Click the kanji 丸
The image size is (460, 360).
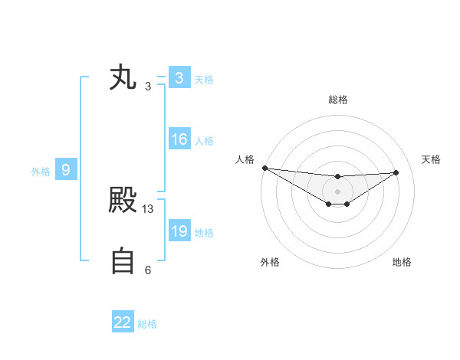point(123,79)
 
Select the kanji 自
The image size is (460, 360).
point(123,261)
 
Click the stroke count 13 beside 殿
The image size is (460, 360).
point(148,208)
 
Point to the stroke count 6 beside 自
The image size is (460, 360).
point(148,270)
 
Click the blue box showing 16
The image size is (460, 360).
point(179,139)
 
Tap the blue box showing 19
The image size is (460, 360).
point(179,231)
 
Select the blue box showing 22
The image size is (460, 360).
point(123,322)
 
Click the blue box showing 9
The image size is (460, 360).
point(66,170)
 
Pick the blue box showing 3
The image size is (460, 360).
point(179,78)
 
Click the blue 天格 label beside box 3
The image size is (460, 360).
point(204,80)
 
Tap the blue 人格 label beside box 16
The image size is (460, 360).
point(204,141)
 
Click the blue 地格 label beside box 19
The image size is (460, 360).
point(204,233)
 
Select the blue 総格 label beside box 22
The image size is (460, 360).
point(147,324)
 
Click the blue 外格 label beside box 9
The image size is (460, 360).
point(41,172)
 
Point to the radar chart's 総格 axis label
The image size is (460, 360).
point(338,100)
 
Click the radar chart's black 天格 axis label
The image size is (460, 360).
point(432,159)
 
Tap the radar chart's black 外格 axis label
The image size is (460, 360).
point(270,262)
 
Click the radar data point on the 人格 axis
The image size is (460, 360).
point(264,168)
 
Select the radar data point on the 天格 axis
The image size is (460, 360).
point(396,172)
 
